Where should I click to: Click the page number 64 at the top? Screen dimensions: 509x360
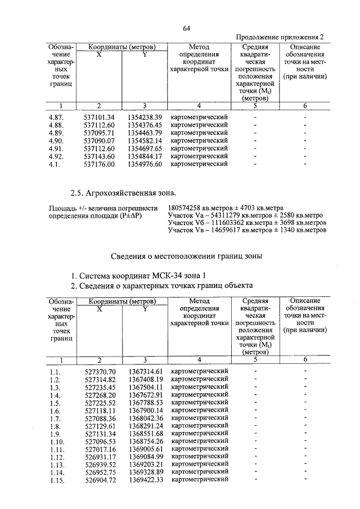(x=187, y=28)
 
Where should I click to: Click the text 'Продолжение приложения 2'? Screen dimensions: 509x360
(x=279, y=37)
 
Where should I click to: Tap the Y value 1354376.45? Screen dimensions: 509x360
(x=145, y=125)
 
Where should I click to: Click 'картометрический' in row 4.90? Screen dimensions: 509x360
(x=199, y=141)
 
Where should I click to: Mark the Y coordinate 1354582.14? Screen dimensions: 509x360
(x=145, y=141)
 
